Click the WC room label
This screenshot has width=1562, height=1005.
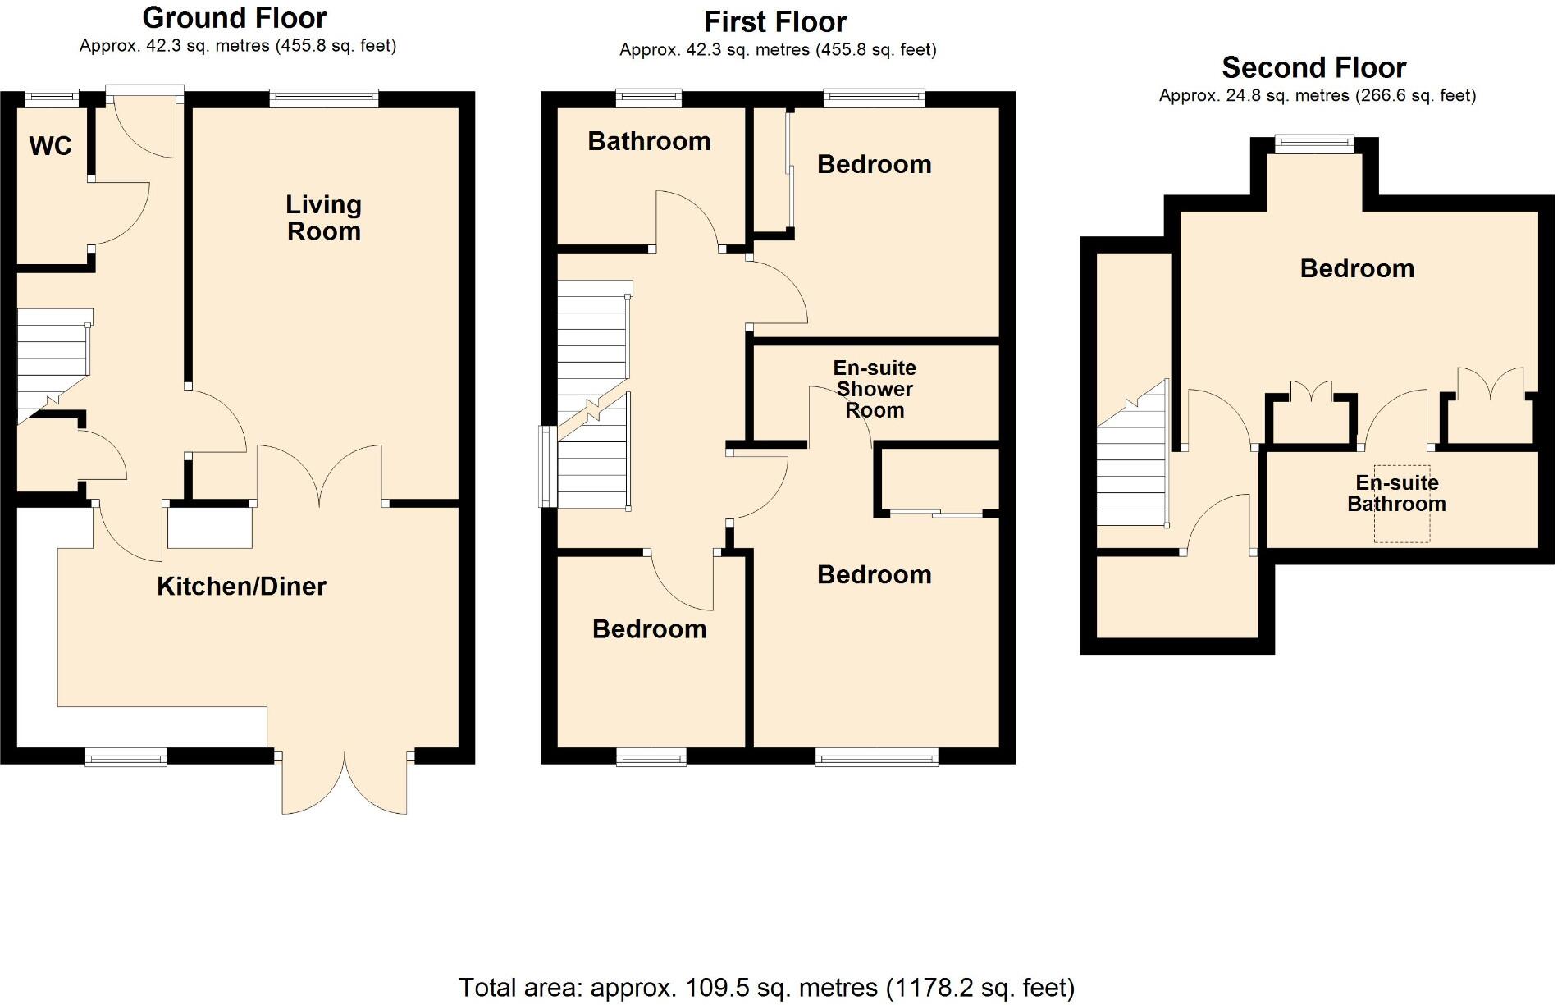tap(50, 146)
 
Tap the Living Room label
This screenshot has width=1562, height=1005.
tap(323, 217)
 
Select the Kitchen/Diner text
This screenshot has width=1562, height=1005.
tap(241, 586)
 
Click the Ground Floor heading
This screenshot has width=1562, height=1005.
tap(235, 17)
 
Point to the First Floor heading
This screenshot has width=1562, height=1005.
tap(775, 21)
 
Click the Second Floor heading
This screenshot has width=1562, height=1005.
tap(1313, 67)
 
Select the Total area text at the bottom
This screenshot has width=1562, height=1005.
tap(766, 987)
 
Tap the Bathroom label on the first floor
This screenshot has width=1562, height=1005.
tap(649, 141)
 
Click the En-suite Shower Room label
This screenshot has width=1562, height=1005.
tap(875, 389)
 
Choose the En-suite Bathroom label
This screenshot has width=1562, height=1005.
tap(1396, 493)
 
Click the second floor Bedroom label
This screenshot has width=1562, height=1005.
tap(1357, 268)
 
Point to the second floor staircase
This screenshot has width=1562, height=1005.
tap(1131, 459)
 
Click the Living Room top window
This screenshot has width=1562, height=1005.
tap(324, 98)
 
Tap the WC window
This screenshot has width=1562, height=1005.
tap(51, 98)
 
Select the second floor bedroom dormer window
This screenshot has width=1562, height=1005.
tap(1313, 144)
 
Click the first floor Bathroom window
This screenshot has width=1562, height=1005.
tap(649, 98)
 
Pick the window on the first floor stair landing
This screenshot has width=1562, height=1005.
tap(547, 466)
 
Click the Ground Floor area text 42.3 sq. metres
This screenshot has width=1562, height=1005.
tap(237, 46)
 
